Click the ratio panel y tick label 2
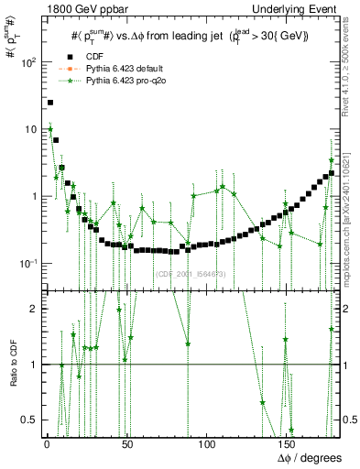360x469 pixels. tap(34, 309)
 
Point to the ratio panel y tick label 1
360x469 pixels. tap(34, 365)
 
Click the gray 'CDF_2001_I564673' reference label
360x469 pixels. tap(190, 274)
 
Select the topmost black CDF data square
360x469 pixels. tap(50, 103)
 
